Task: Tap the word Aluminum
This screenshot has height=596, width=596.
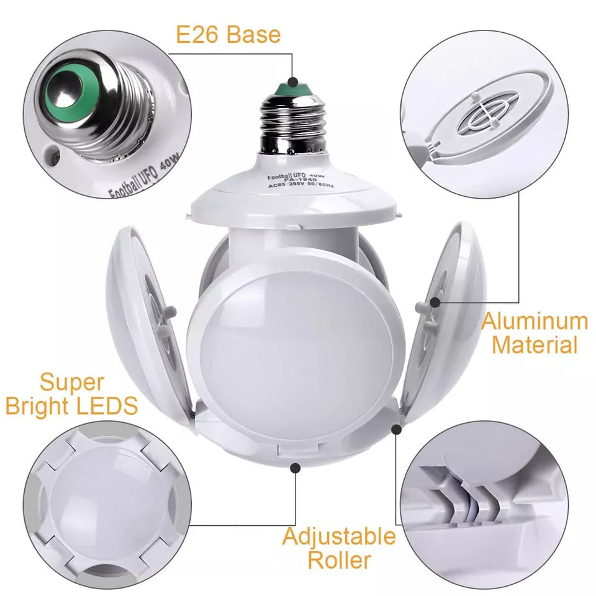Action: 535,322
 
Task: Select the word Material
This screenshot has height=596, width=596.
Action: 535,345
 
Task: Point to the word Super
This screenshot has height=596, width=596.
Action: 72,382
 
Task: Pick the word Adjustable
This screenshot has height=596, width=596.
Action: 339,536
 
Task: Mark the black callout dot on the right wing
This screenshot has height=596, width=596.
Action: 436,302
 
